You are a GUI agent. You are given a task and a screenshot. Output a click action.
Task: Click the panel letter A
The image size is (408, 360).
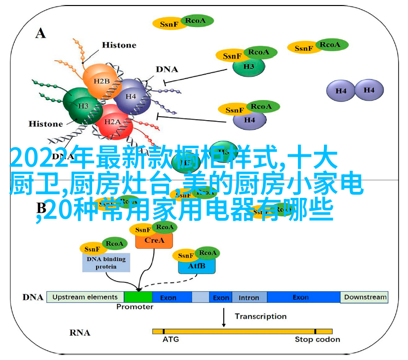tap(40, 33)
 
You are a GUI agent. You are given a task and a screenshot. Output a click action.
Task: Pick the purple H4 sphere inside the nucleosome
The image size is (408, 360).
tap(131, 96)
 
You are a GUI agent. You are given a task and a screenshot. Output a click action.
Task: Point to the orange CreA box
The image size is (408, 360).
tap(154, 240)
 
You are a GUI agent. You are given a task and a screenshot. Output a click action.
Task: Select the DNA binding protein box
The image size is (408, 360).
tap(106, 262)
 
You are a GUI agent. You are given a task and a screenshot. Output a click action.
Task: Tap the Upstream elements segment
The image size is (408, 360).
tap(85, 297)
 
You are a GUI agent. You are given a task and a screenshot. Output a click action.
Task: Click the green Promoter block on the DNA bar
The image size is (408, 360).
tap(138, 297)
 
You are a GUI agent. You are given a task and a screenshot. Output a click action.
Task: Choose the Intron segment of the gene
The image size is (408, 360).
tap(249, 297)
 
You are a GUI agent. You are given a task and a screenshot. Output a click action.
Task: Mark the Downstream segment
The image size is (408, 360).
tap(365, 297)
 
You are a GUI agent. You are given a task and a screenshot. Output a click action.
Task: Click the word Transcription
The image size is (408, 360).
tap(260, 316)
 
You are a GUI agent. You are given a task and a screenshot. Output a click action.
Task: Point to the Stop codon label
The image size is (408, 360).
tap(317, 339)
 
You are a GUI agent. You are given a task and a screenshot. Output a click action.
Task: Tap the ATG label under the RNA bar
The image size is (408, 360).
tap(170, 339)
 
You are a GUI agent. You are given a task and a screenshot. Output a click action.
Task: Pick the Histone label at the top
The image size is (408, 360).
tap(119, 45)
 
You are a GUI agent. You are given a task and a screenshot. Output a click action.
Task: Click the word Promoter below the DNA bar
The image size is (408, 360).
tap(135, 306)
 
